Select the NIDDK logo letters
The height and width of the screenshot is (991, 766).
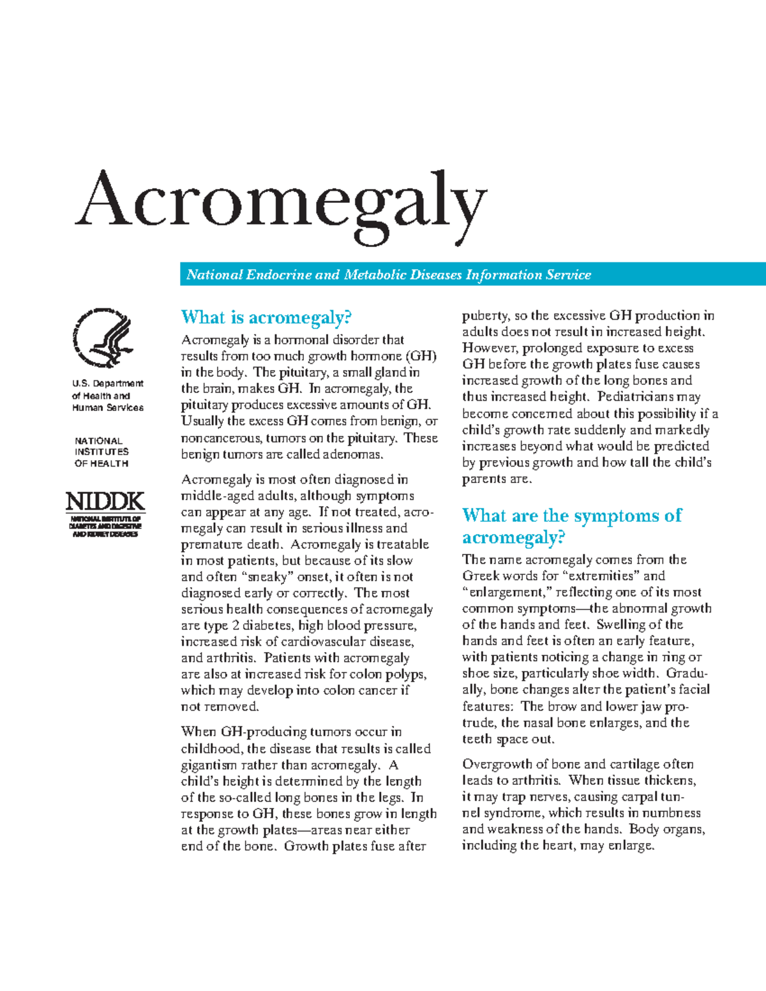105,502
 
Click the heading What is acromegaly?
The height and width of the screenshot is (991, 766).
266,317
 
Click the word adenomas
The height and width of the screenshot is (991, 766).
352,454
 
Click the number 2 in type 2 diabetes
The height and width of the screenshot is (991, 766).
236,626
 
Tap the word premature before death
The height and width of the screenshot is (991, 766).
209,545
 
